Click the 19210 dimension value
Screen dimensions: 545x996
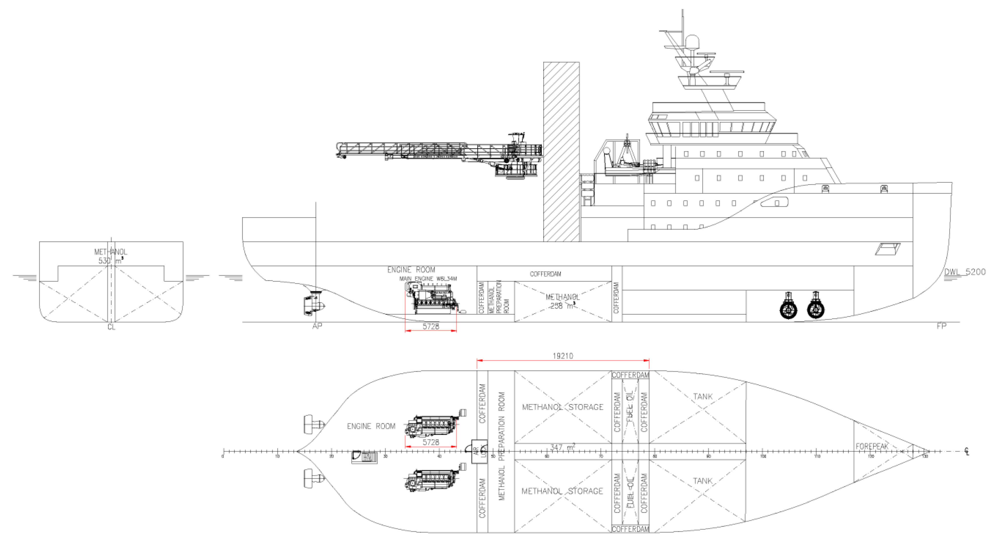point(563,356)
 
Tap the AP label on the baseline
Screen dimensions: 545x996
point(317,326)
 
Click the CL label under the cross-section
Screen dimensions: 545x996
point(111,327)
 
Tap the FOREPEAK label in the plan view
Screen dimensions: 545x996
point(872,446)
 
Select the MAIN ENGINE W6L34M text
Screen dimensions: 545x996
point(428,279)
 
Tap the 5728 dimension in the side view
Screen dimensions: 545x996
point(431,326)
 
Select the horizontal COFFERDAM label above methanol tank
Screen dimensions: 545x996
point(545,274)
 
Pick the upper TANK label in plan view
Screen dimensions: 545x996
point(703,396)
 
